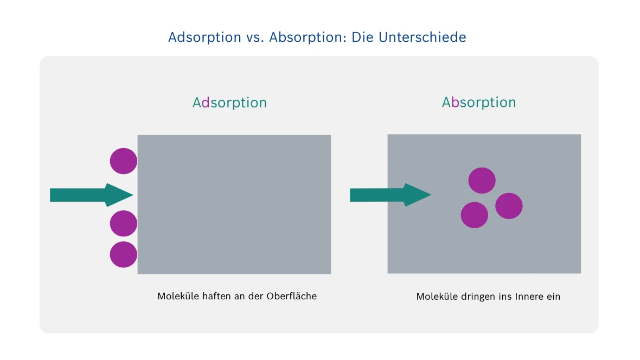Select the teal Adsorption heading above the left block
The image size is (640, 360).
point(229,103)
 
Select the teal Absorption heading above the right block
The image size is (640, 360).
point(479,102)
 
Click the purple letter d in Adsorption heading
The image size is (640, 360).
point(206,103)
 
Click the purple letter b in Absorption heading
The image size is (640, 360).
point(455,102)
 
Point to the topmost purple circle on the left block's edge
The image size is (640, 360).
point(124,161)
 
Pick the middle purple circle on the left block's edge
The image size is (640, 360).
point(124,223)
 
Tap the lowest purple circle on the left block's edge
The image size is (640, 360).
point(124,254)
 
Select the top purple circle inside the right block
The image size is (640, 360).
point(482,181)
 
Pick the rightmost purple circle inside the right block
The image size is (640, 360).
point(509,206)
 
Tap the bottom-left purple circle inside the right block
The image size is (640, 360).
point(474,215)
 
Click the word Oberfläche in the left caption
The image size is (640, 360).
point(292,297)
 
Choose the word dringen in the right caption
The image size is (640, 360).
point(475,297)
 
